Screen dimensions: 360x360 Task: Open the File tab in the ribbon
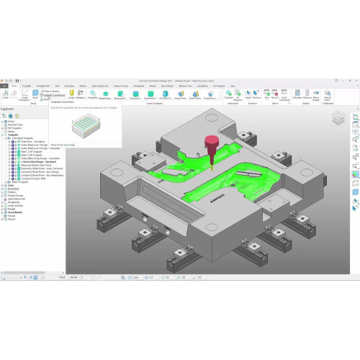pos(4,86)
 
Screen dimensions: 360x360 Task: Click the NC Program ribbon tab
pos(219,86)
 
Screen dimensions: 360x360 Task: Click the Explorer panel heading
pos(8,109)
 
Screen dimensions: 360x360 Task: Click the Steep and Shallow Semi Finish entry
pos(35,165)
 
